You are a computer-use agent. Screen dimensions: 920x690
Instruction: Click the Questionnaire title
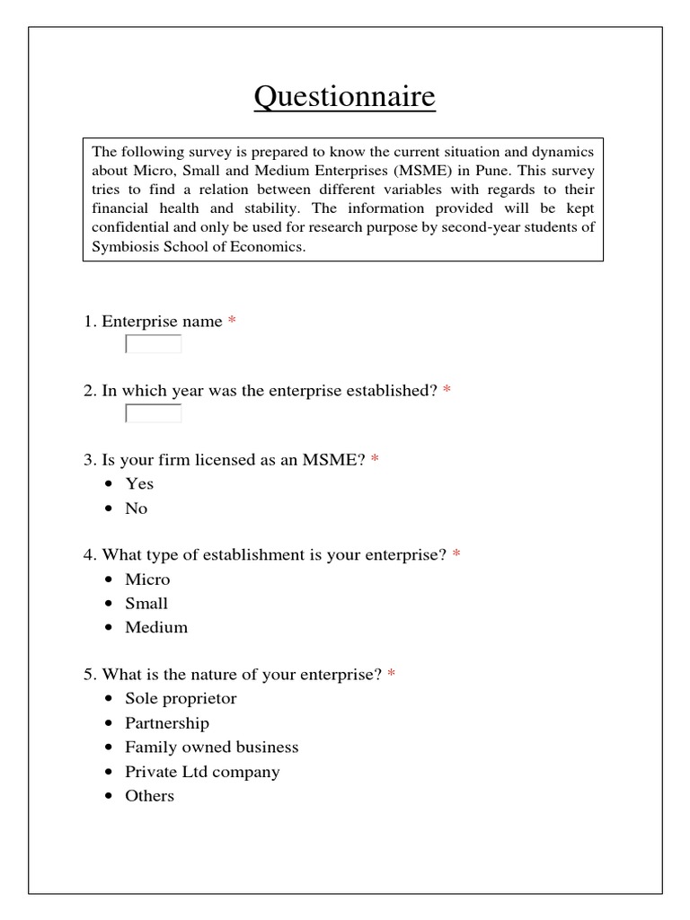[x=344, y=97]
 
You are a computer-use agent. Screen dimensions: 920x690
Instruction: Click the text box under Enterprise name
[x=154, y=344]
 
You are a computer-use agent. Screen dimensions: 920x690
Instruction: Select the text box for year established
[x=154, y=413]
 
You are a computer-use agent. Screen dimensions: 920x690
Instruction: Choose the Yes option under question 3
[x=139, y=483]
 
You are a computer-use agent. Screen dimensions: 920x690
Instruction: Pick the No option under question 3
[x=136, y=509]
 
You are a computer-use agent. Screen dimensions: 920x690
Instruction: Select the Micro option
[x=147, y=579]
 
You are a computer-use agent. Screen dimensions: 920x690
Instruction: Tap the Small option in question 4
[x=146, y=604]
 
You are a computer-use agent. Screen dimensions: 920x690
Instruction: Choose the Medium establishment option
[x=156, y=628]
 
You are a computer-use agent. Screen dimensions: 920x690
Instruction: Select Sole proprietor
[x=181, y=699]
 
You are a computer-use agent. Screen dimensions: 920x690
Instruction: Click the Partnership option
[x=167, y=723]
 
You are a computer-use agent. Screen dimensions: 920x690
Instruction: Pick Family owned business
[x=211, y=747]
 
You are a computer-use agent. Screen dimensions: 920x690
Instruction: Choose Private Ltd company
[x=202, y=772]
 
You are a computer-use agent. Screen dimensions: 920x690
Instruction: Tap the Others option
[x=149, y=796]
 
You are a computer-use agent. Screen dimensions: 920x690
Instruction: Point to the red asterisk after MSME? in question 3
[x=375, y=461]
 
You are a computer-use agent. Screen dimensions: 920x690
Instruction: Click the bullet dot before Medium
[x=109, y=628]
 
